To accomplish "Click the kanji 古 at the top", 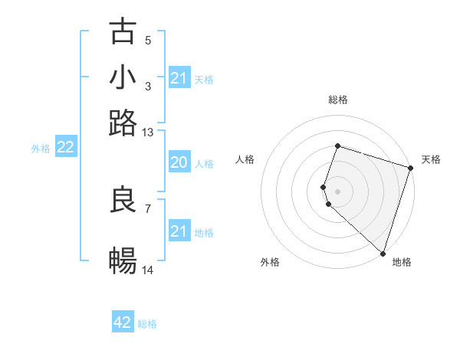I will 123,32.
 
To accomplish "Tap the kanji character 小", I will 123,77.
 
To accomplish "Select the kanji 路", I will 123,123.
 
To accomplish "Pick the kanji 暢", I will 123,261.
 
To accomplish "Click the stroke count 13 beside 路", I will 148,133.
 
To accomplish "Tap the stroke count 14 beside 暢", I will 148,270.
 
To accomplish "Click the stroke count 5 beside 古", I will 147,40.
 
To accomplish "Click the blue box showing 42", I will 123,322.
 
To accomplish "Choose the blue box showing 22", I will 65,148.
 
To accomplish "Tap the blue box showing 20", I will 179,162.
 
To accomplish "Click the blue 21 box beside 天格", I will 179,78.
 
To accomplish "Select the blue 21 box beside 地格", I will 179,231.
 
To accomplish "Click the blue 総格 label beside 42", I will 147,324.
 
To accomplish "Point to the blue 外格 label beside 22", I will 41,149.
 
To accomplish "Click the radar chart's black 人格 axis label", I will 245,159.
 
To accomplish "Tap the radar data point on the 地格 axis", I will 383,253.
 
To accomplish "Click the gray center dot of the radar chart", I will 337,191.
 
